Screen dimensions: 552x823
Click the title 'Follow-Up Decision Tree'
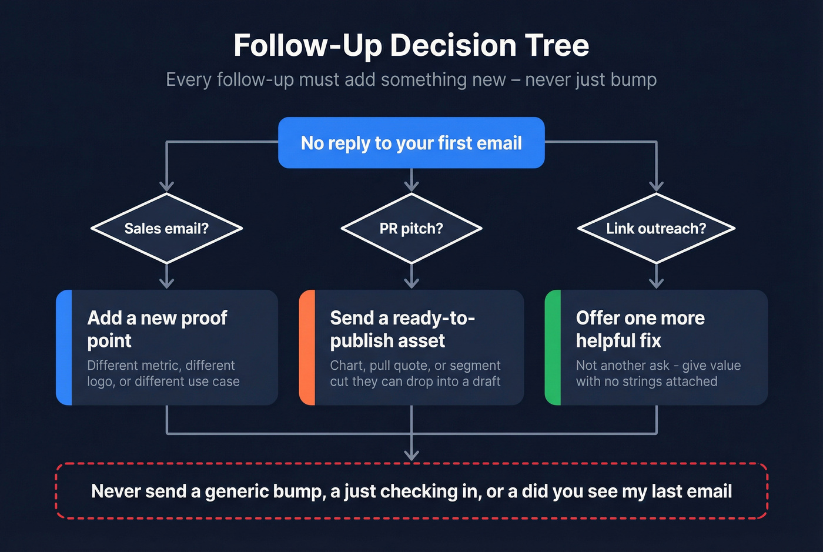point(411,45)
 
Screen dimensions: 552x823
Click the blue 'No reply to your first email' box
point(411,143)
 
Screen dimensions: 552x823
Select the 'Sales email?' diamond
point(166,228)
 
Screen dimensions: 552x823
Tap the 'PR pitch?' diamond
point(411,228)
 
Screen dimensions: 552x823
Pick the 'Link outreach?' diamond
point(656,228)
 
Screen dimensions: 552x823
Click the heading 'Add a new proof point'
point(157,329)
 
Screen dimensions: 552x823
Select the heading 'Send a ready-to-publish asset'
point(402,329)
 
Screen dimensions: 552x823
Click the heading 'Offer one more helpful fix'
point(640,329)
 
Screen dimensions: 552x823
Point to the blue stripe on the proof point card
point(64,347)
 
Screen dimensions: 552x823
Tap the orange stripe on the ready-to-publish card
point(307,347)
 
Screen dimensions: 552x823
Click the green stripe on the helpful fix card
point(553,347)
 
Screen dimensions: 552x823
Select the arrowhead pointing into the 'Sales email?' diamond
point(167,187)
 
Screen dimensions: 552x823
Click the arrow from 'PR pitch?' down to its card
point(411,277)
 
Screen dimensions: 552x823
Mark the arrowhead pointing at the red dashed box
point(411,454)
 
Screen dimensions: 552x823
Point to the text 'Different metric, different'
point(160,365)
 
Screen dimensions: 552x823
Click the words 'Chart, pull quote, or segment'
point(415,365)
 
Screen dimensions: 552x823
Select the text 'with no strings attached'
point(646,381)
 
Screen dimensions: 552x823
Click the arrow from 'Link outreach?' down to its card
point(656,277)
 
